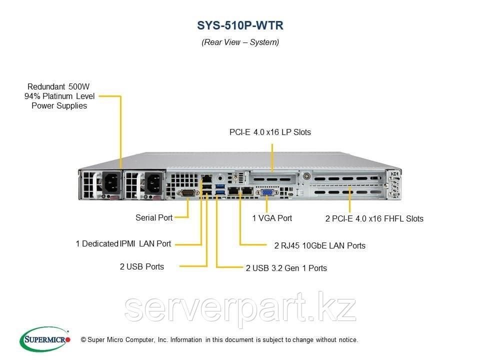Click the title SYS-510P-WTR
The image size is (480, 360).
tap(240, 25)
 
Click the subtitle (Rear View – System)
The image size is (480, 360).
tap(240, 42)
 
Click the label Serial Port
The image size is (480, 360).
tap(154, 217)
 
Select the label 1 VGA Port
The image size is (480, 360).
tap(272, 218)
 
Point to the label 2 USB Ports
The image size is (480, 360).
tap(141, 266)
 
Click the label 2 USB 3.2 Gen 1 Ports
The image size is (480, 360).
tap(286, 268)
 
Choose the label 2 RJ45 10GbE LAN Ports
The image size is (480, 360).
tap(319, 245)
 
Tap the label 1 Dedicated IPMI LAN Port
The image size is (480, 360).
tap(123, 244)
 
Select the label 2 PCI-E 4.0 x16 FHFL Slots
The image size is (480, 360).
tap(374, 218)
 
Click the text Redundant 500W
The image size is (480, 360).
tap(59, 86)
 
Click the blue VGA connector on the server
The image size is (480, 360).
tap(266, 191)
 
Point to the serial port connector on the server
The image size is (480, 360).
tap(188, 192)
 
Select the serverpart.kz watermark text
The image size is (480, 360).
tap(240, 308)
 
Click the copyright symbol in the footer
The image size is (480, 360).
tap(83, 340)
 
